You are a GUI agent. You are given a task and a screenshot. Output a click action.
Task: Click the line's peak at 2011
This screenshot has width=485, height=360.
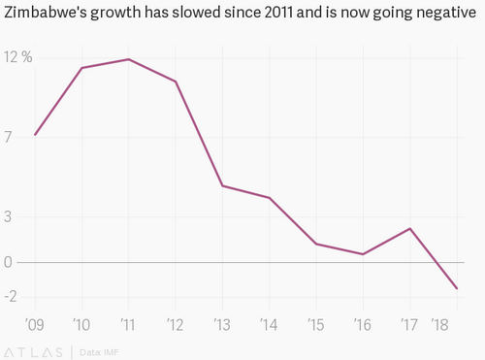(128, 59)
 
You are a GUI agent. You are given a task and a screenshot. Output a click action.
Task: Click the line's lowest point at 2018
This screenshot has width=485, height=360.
(457, 288)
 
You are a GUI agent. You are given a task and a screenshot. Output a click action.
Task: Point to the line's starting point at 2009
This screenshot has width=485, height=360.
(35, 134)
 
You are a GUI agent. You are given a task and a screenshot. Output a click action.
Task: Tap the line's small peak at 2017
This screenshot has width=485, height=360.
(410, 228)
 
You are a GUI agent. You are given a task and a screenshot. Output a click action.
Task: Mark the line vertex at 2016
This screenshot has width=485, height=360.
(363, 254)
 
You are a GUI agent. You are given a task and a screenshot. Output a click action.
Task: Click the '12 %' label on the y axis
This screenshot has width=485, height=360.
(17, 57)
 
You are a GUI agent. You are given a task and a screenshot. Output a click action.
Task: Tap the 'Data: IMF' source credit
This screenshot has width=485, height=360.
(98, 350)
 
